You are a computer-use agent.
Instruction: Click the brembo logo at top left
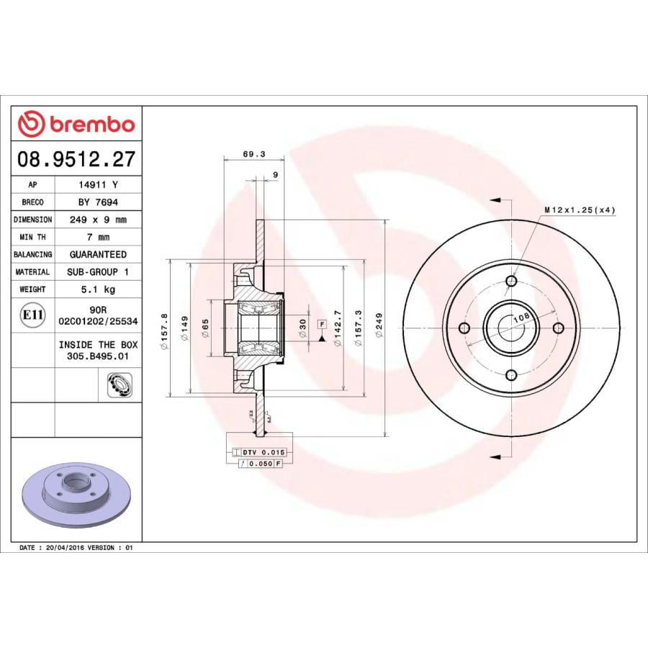tap(76, 124)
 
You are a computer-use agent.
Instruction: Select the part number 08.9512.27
tap(76, 159)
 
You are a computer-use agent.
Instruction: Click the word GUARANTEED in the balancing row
tap(97, 255)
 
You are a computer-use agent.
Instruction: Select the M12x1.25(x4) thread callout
tap(580, 210)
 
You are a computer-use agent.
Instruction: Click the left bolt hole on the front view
tap(464, 328)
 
